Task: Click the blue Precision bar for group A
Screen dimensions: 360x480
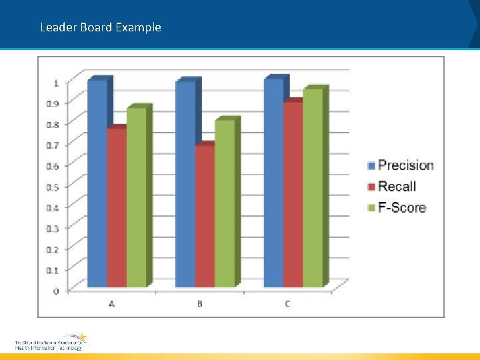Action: (x=97, y=183)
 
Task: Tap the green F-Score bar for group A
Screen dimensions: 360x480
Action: (x=137, y=197)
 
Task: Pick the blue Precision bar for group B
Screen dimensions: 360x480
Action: (x=185, y=184)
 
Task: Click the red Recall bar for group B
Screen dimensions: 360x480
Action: (x=205, y=217)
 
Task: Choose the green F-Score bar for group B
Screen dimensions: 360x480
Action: (x=225, y=203)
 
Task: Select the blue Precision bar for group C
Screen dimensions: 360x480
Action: (x=273, y=183)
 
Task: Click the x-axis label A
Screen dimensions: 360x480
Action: (x=111, y=304)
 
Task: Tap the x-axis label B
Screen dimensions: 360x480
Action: (x=200, y=304)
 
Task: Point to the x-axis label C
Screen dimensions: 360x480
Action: (x=287, y=304)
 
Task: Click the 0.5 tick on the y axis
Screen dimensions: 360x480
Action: (x=51, y=187)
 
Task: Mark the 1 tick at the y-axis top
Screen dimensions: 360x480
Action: (x=56, y=83)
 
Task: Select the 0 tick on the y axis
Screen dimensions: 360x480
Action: (x=56, y=291)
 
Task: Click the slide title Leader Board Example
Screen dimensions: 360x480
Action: (x=101, y=27)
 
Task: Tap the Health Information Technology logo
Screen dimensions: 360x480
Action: (x=51, y=342)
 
